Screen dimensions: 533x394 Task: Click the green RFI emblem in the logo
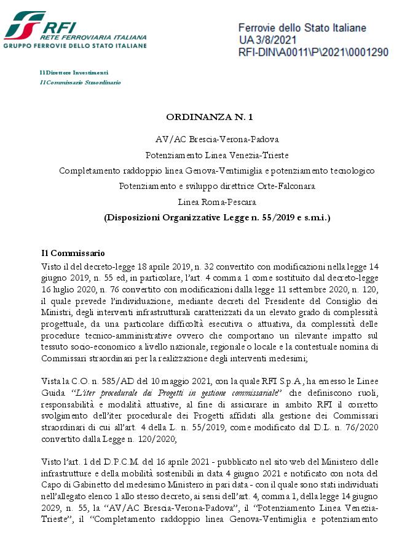(23, 25)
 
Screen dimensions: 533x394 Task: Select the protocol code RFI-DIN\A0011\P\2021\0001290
(313, 52)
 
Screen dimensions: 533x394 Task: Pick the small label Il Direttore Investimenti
(74, 73)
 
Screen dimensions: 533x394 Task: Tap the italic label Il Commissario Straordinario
(80, 82)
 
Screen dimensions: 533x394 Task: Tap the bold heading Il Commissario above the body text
(73, 253)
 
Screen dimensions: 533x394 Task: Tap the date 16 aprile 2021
(166, 462)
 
